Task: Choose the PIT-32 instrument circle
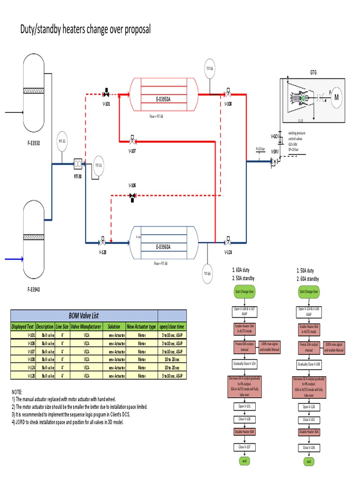tap(62, 141)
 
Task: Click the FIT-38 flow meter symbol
tap(78, 164)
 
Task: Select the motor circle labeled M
tap(337, 97)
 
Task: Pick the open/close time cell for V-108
tap(172, 359)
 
